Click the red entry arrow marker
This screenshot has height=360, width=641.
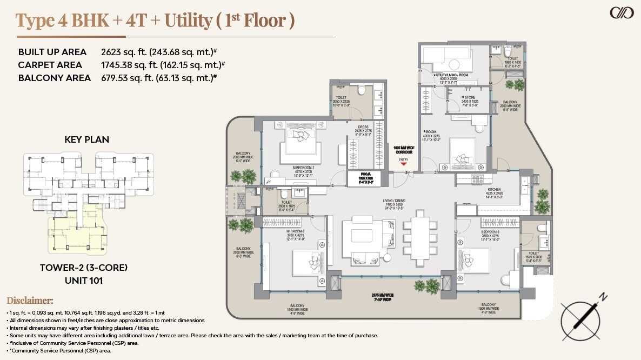click(x=403, y=164)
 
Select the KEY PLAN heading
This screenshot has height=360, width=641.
click(x=86, y=139)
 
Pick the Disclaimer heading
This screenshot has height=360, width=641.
click(x=30, y=301)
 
